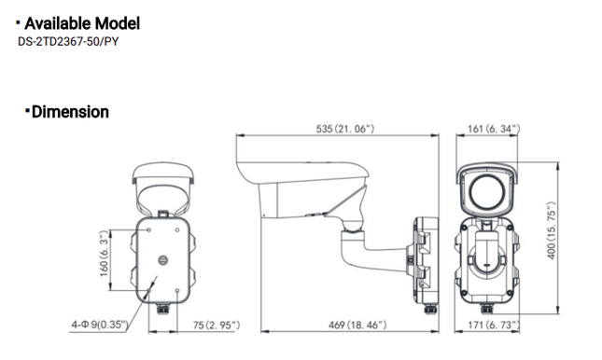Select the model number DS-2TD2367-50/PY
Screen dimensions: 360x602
pyautogui.click(x=67, y=42)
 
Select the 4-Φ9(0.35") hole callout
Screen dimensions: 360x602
pyautogui.click(x=97, y=325)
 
